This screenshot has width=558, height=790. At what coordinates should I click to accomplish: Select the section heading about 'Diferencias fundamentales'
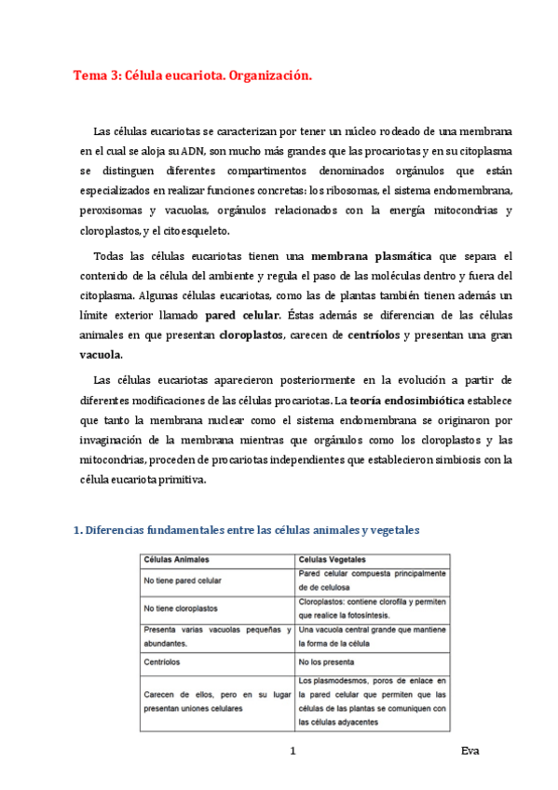tap(246, 531)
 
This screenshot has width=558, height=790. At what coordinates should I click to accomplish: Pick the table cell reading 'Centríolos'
tap(163, 662)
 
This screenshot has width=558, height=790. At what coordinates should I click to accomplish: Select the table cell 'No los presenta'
tap(327, 662)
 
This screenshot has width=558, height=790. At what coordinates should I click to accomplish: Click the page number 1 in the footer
tap(293, 751)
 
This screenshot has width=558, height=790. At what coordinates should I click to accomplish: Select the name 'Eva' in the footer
tap(470, 751)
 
